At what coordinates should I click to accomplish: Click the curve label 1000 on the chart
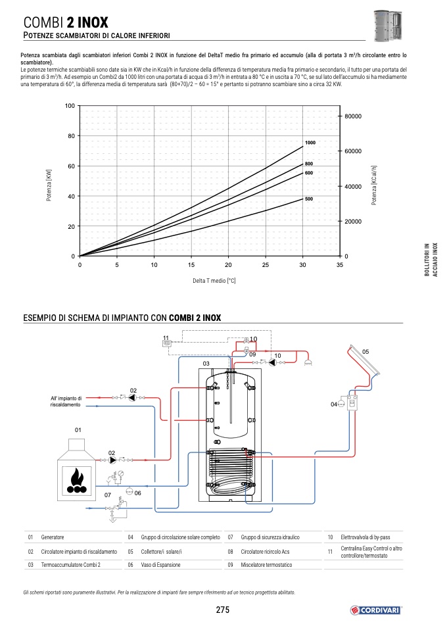(x=310, y=143)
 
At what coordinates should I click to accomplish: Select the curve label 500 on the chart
(x=309, y=199)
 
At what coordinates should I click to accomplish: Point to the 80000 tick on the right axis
(x=353, y=116)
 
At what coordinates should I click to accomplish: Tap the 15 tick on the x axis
(x=191, y=265)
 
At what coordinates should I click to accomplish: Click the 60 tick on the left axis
(x=71, y=166)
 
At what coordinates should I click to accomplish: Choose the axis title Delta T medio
(x=214, y=280)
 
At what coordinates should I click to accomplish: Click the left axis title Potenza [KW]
(x=49, y=185)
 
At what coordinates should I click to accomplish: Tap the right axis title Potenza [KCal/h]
(x=374, y=185)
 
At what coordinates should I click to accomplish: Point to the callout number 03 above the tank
(x=206, y=364)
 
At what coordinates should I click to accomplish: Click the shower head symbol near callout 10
(x=308, y=363)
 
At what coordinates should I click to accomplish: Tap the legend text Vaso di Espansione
(x=160, y=565)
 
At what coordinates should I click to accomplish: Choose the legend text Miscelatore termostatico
(x=266, y=565)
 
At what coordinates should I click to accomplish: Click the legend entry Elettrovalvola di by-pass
(x=365, y=537)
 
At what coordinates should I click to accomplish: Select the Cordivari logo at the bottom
(x=375, y=610)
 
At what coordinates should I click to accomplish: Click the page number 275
(x=222, y=610)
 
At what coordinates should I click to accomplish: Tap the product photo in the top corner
(x=388, y=25)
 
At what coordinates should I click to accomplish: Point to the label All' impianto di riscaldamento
(x=66, y=401)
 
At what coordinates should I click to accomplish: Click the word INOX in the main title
(x=93, y=22)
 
